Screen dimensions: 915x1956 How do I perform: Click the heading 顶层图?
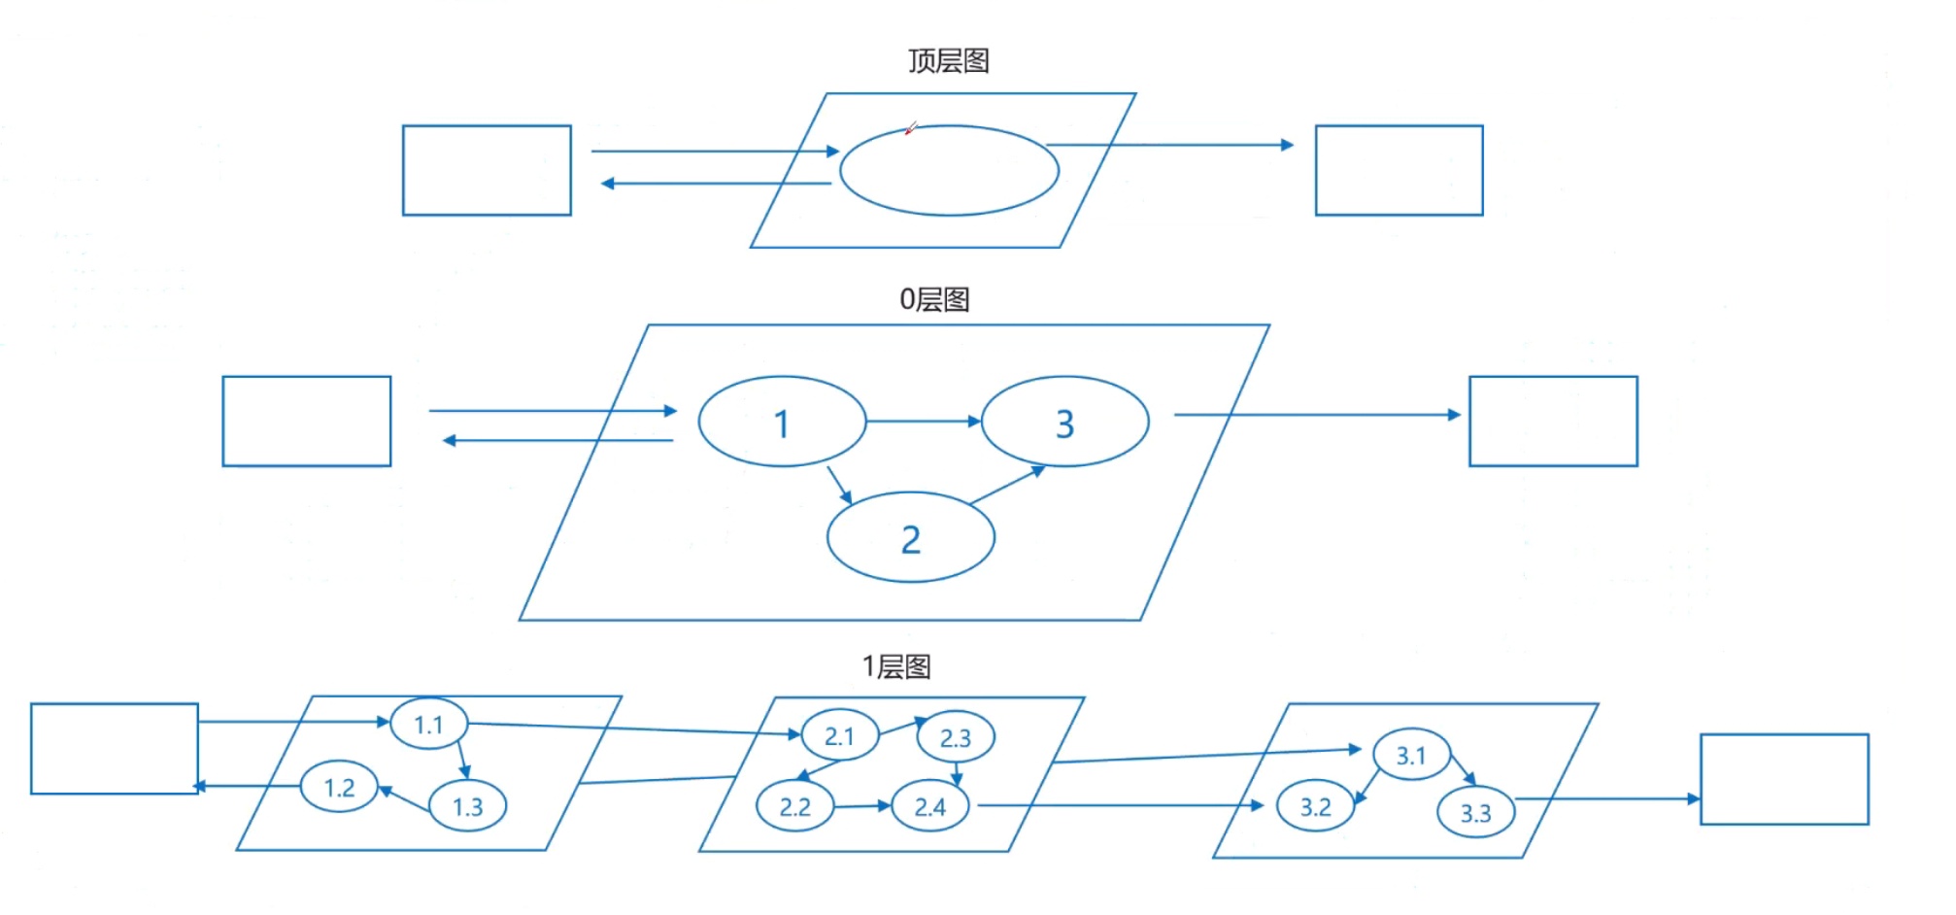click(x=948, y=61)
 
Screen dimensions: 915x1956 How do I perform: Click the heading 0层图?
click(x=934, y=299)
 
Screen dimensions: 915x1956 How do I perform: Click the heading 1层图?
click(x=896, y=666)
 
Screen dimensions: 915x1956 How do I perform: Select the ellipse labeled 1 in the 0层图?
click(x=782, y=423)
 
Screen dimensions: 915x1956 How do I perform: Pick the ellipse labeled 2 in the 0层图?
click(x=910, y=538)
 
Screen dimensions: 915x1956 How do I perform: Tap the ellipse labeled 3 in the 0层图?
click(x=1064, y=423)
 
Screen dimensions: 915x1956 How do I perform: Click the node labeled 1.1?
click(x=428, y=724)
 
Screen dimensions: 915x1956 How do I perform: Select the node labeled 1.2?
click(x=339, y=787)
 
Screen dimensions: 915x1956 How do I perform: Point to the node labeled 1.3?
click(x=467, y=806)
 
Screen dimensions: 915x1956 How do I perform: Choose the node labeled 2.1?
click(x=839, y=736)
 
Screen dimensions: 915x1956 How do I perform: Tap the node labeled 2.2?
click(x=794, y=806)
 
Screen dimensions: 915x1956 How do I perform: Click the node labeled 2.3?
click(x=955, y=738)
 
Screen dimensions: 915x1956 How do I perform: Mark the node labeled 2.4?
click(x=929, y=806)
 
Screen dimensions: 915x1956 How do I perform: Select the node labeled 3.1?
click(x=1410, y=755)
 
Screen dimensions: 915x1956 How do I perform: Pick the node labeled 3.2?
click(x=1315, y=806)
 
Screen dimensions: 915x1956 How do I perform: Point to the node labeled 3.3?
click(x=1475, y=812)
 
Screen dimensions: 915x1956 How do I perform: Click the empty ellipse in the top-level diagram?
click(x=949, y=171)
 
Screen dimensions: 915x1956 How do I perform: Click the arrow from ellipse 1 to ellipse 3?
click(x=923, y=422)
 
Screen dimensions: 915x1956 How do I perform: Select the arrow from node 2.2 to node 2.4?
click(x=862, y=806)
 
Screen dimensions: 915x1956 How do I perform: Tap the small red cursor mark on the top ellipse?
click(x=910, y=128)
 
